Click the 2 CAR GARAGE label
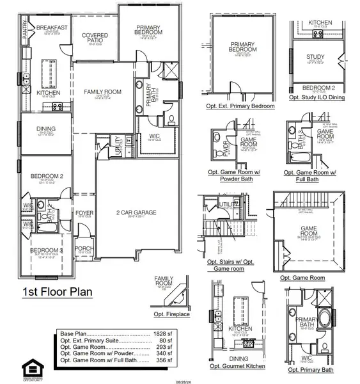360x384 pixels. [136, 212]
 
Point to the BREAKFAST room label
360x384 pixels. [52, 28]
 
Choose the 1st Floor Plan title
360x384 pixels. [58, 292]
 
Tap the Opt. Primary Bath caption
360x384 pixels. [311, 369]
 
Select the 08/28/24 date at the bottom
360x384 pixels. [184, 380]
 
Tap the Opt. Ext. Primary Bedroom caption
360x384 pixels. [237, 106]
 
